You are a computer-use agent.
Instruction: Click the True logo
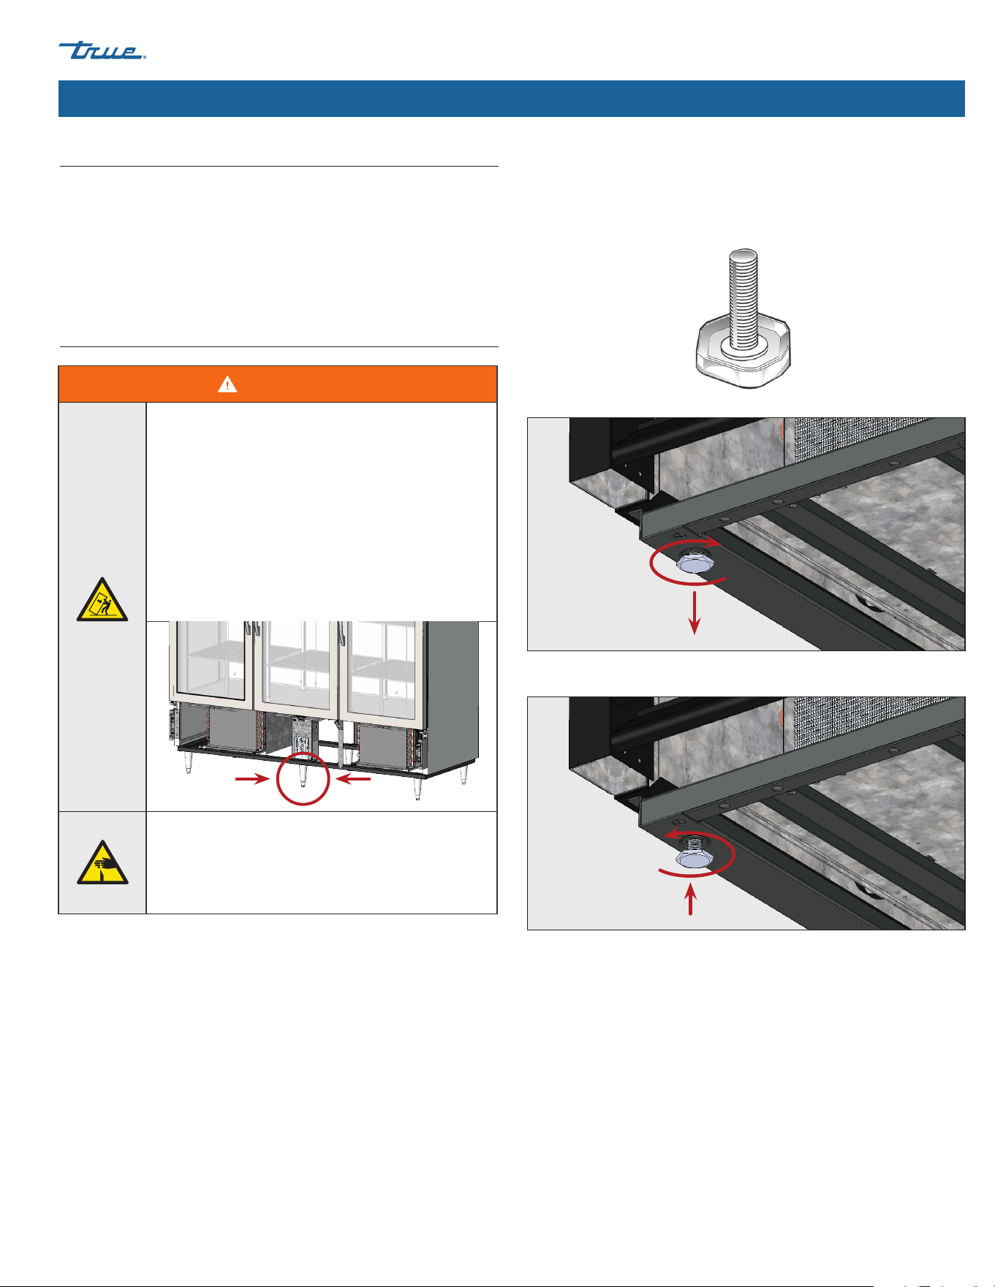pyautogui.click(x=102, y=50)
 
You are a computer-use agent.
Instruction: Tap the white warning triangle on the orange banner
pyautogui.click(x=227, y=384)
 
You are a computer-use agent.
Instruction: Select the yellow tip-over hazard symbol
pyautogui.click(x=102, y=600)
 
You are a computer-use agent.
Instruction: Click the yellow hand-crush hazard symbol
pyautogui.click(x=102, y=862)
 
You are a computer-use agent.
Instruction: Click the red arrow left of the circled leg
pyautogui.click(x=253, y=780)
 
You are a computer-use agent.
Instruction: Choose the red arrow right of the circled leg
pyautogui.click(x=354, y=780)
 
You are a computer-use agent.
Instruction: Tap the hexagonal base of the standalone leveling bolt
pyautogui.click(x=743, y=354)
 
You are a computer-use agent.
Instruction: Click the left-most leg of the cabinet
pyautogui.click(x=189, y=762)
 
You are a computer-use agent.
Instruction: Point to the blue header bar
pyautogui.click(x=512, y=99)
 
